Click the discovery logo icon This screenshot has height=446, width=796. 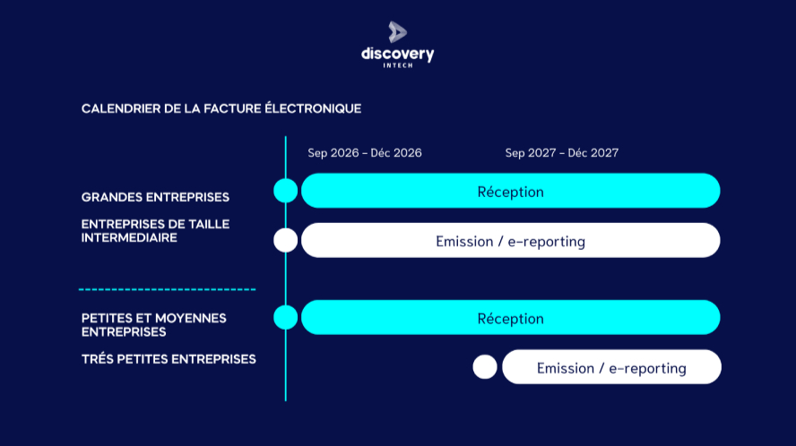tap(397, 32)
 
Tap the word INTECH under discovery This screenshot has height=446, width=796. tap(398, 65)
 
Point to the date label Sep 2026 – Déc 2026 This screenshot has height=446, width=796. tap(365, 153)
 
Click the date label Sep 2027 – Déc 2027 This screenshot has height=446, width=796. tap(562, 153)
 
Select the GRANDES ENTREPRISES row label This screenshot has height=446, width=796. tap(155, 197)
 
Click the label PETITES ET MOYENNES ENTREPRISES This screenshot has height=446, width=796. tap(153, 324)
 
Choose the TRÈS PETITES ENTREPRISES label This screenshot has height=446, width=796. tap(169, 359)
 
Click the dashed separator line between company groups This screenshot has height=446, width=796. tap(167, 289)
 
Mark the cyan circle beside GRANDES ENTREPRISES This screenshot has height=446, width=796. tap(285, 191)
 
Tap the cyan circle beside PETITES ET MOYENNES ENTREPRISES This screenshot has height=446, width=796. tap(285, 317)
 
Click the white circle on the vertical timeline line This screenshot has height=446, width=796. tap(285, 240)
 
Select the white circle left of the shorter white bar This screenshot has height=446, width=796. tap(484, 367)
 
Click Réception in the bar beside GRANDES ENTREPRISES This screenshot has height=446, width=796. tap(510, 192)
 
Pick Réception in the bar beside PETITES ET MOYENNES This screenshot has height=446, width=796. tap(510, 319)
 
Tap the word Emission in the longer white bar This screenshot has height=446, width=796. tap(464, 242)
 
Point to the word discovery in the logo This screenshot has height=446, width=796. tap(398, 54)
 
